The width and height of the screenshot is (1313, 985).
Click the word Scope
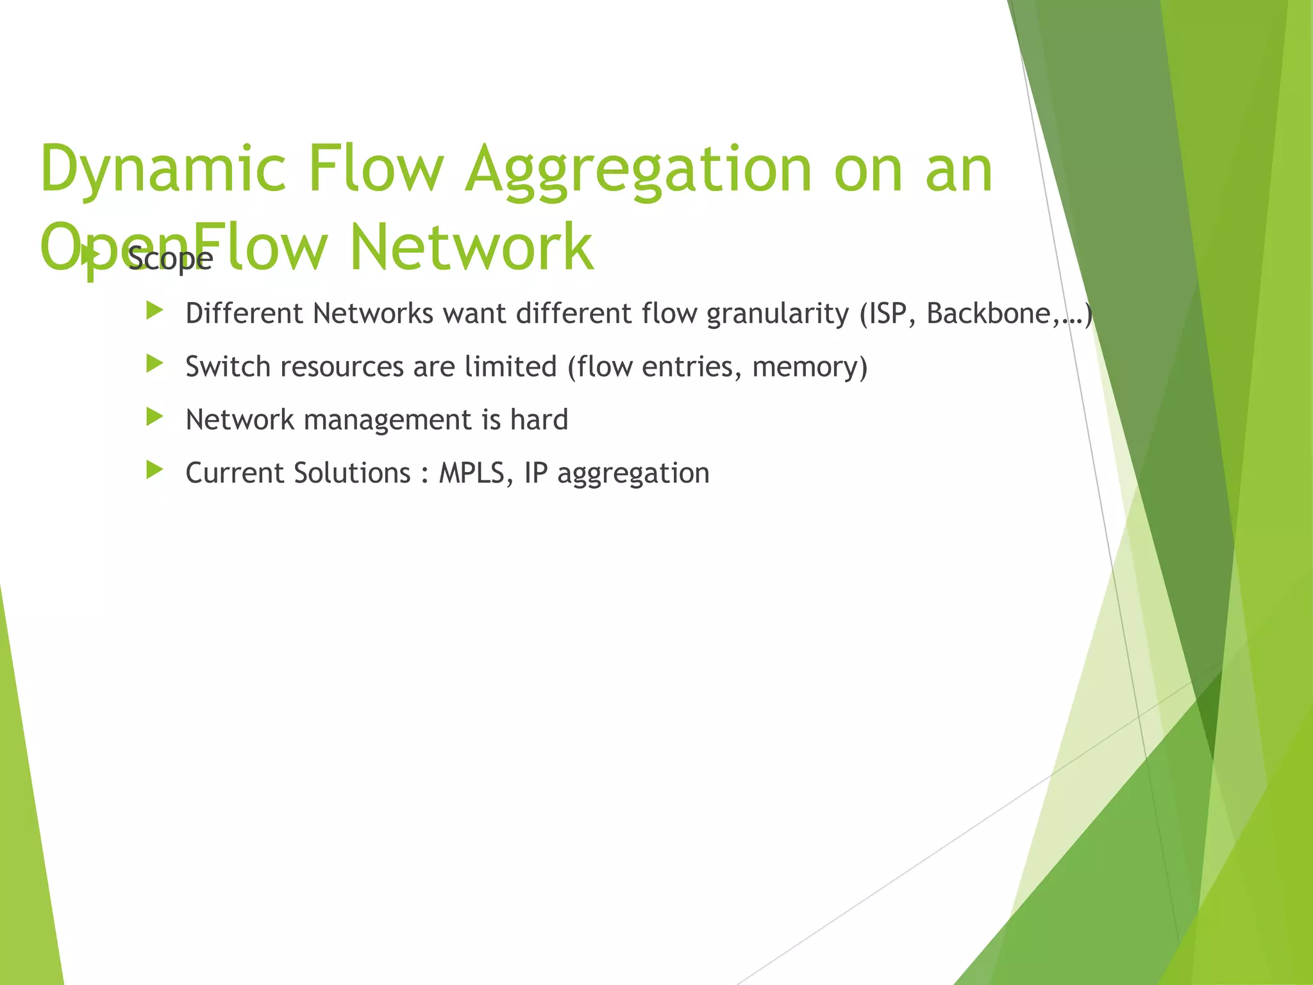click(x=170, y=259)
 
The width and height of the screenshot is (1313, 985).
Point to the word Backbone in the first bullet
click(x=988, y=314)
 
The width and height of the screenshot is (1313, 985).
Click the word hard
click(x=539, y=420)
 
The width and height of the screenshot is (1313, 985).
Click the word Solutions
click(x=352, y=473)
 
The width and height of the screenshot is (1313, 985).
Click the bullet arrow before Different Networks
click(x=155, y=312)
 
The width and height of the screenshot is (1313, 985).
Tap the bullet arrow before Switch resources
click(x=155, y=364)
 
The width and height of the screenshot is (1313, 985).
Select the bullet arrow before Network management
click(x=155, y=417)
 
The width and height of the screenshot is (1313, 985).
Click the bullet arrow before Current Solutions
click(x=155, y=471)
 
